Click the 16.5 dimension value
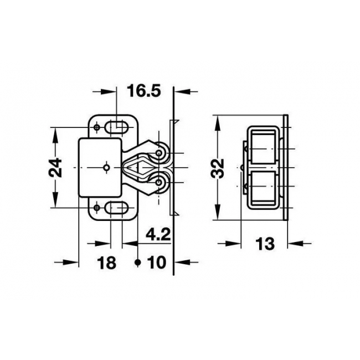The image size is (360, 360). point(144,90)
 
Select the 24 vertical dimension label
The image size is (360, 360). point(55,167)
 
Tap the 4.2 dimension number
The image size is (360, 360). point(158,234)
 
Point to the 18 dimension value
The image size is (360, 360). point(106,263)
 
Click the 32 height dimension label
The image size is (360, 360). point(217,168)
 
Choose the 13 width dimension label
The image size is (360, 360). point(265,244)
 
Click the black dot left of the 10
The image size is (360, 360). point(137,261)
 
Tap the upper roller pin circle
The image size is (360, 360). point(158,153)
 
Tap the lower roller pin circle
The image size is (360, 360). point(158,183)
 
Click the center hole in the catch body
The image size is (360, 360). point(106,168)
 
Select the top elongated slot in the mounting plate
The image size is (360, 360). point(116,127)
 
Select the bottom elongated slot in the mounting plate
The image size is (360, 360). point(116,208)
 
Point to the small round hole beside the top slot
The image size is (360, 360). point(97,127)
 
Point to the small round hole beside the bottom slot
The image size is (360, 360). point(97,208)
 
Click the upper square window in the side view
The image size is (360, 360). point(263,148)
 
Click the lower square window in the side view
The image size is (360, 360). point(263,187)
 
